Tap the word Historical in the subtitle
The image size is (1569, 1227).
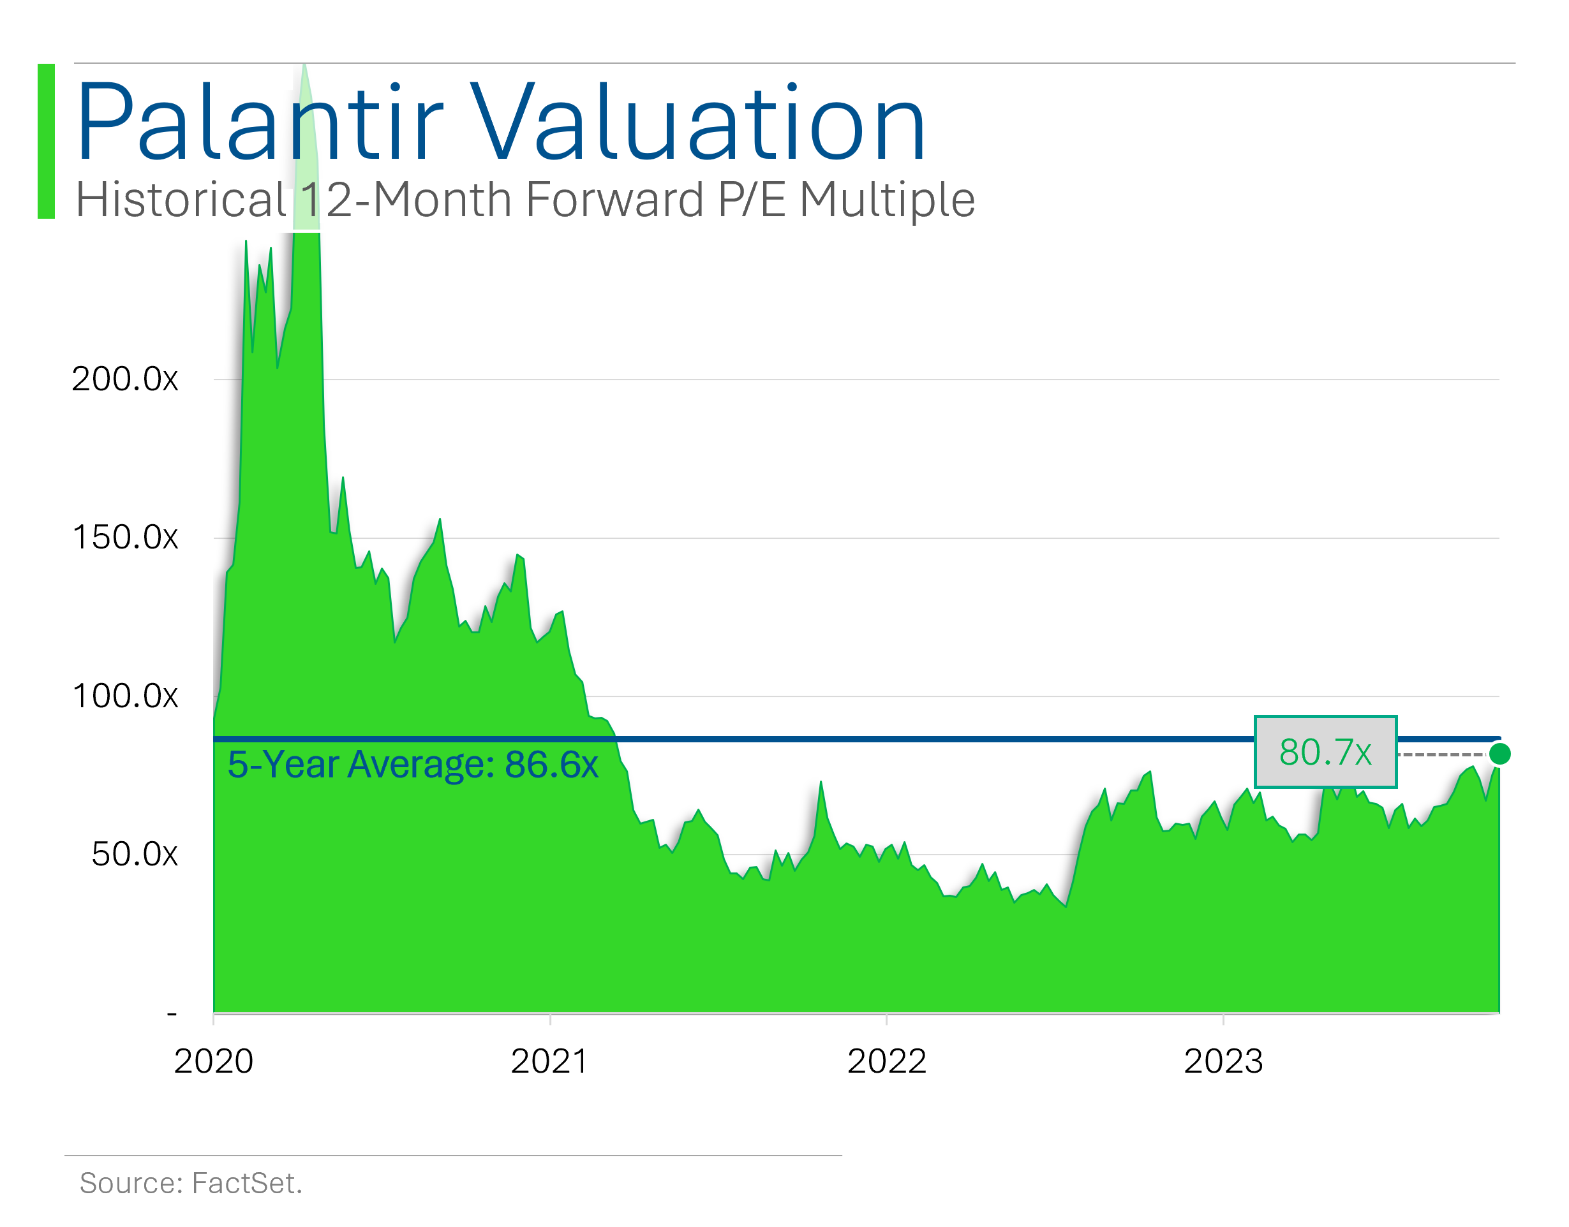point(181,200)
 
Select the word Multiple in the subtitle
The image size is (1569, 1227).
point(887,200)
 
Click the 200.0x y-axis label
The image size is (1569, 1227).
point(125,379)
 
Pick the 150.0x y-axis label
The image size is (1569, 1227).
point(125,538)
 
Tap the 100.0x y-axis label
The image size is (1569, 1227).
point(125,696)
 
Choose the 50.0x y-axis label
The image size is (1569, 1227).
point(135,854)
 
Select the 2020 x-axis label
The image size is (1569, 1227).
point(214,1062)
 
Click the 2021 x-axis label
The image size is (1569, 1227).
point(550,1062)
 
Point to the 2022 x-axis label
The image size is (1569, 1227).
point(887,1062)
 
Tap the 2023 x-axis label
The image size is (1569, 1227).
point(1223,1062)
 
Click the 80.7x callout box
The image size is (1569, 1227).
point(1325,752)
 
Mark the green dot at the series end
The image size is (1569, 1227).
point(1499,754)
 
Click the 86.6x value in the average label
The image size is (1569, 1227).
point(551,765)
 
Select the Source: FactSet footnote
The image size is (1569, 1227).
point(191,1183)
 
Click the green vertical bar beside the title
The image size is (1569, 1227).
point(46,141)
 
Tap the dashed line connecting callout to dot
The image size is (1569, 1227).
point(1441,754)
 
